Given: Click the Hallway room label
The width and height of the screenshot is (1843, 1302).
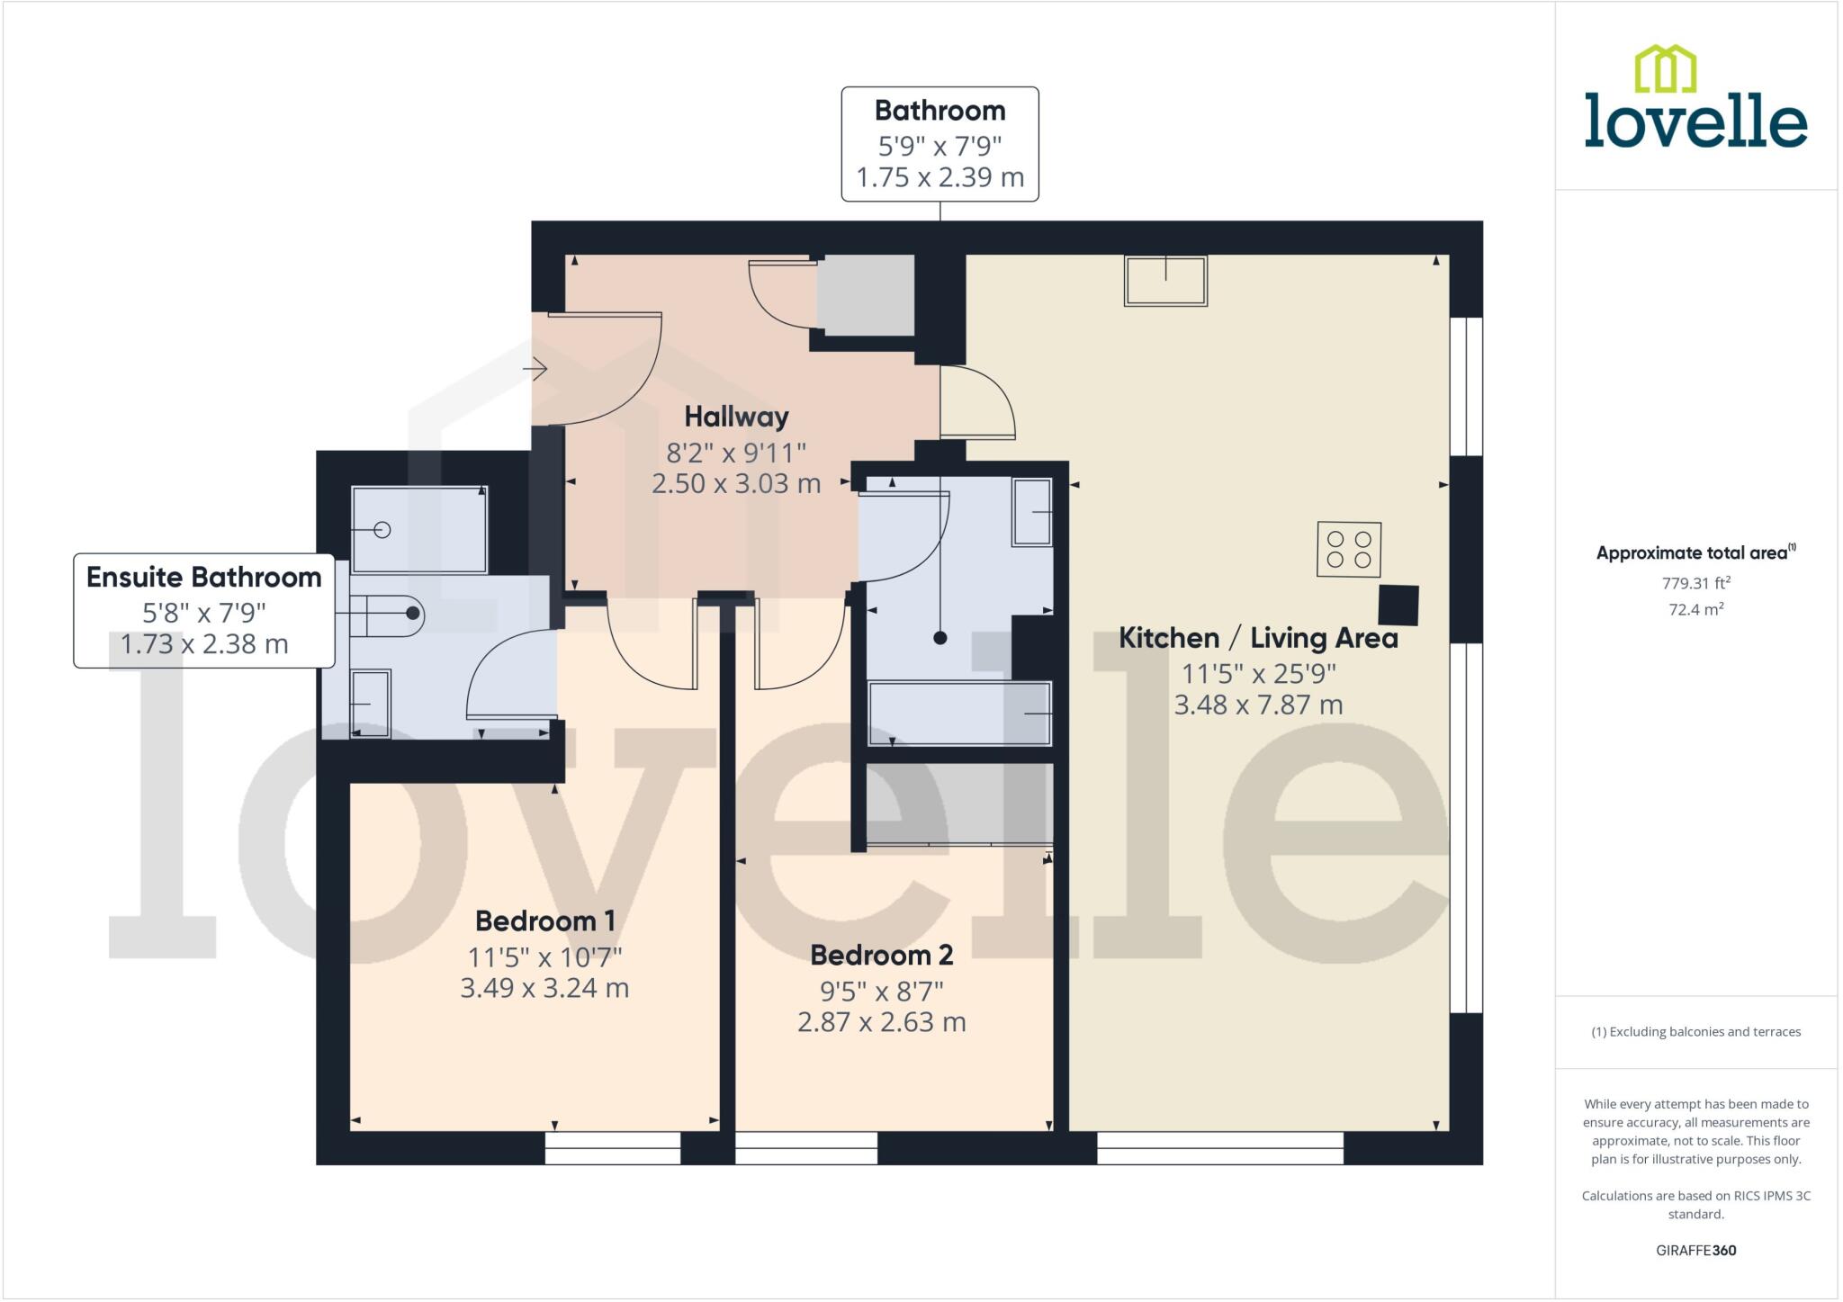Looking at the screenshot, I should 736,417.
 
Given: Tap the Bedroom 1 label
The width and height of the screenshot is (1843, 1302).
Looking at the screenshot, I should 544,921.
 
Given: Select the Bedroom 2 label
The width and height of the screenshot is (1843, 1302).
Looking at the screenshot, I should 881,955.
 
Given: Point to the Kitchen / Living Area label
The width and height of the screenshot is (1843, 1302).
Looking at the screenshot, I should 1258,638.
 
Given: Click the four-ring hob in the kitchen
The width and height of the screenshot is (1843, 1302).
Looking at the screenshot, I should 1348,549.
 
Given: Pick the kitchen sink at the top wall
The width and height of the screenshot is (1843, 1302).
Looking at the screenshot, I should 1165,281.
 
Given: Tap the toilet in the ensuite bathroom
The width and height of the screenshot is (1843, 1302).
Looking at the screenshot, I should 387,615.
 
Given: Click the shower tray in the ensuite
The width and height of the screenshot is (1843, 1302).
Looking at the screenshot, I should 419,530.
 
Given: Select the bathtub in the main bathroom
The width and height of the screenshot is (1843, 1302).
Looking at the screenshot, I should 959,714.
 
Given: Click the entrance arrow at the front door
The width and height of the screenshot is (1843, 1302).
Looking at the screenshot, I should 535,368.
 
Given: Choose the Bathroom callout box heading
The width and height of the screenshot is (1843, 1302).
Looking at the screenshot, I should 939,111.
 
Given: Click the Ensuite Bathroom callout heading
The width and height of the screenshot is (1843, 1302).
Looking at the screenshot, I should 203,578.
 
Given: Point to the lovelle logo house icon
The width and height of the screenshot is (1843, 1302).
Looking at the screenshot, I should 1665,69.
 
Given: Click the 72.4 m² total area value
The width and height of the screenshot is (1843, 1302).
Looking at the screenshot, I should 1695,609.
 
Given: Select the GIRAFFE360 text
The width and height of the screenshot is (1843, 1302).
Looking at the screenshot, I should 1695,1250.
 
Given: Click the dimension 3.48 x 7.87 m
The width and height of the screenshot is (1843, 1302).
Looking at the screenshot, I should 1258,705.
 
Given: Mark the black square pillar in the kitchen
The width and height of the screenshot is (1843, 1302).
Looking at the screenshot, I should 1398,605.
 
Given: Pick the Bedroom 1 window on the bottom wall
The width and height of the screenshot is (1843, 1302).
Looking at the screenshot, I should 613,1148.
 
